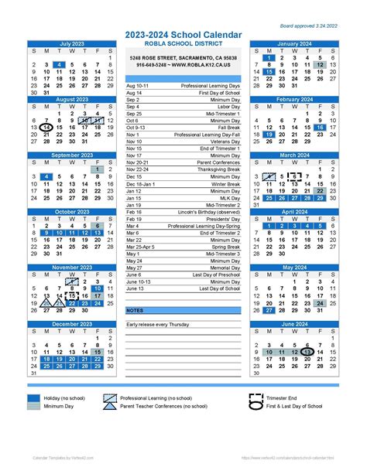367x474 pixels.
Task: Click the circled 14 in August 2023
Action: [x=47, y=128]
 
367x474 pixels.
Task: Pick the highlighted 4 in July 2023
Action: [x=59, y=65]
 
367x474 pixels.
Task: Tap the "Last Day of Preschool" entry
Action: [x=214, y=275]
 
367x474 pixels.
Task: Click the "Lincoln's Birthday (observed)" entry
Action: [x=208, y=211]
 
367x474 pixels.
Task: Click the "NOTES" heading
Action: [x=135, y=310]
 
